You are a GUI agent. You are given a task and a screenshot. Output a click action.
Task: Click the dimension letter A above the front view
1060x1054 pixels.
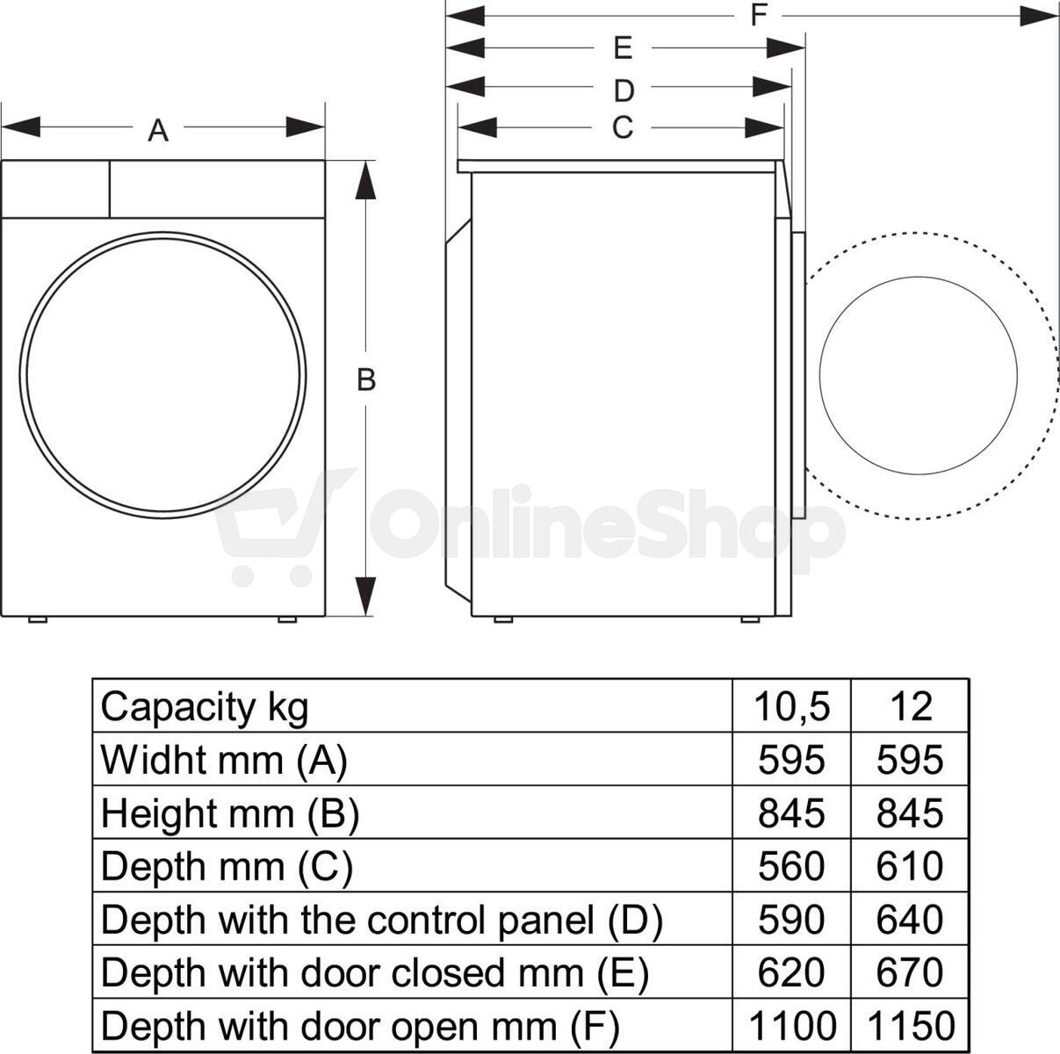tap(158, 131)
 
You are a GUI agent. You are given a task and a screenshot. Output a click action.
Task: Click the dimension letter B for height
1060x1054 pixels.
tap(366, 379)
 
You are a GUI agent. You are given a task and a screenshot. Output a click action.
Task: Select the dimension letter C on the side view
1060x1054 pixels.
tap(623, 127)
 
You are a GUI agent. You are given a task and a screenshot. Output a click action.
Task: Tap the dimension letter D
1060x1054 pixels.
tap(624, 90)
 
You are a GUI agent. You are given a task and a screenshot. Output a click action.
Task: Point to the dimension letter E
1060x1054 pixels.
tap(623, 48)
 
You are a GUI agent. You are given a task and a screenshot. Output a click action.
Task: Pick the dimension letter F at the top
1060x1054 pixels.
tap(759, 15)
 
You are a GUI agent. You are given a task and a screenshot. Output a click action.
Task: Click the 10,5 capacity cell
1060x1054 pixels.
tap(791, 706)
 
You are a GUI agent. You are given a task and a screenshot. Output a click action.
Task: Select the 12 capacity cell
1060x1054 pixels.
tap(911, 706)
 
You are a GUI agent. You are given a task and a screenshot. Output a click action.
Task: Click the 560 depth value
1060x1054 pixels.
tap(791, 866)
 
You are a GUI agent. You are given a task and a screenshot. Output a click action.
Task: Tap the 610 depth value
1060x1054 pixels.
tap(910, 866)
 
